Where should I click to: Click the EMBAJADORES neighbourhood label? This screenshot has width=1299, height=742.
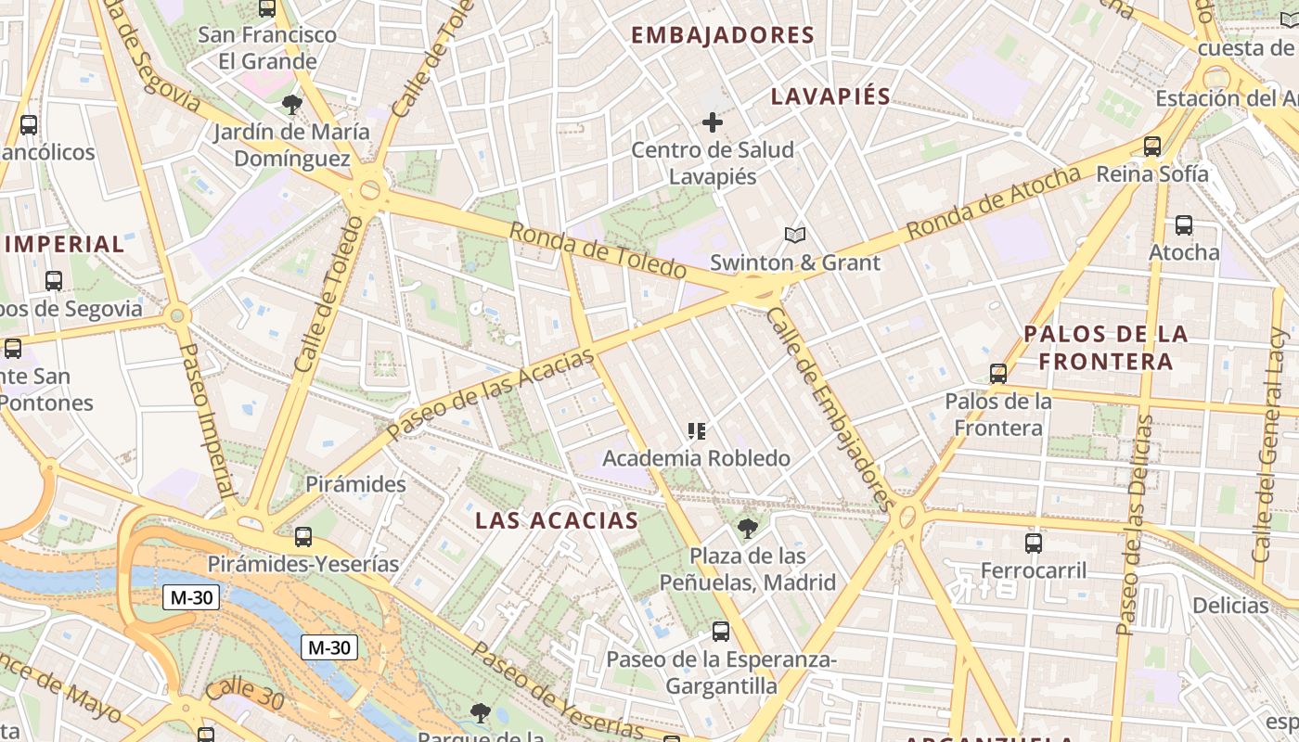pyautogui.click(x=722, y=35)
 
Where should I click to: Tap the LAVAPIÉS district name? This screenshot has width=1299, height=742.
pyautogui.click(x=830, y=96)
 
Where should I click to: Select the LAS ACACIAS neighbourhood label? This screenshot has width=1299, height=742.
pyautogui.click(x=557, y=520)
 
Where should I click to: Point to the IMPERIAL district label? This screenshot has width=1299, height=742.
pyautogui.click(x=64, y=245)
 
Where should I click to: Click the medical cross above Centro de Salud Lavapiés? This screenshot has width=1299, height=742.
pyautogui.click(x=713, y=122)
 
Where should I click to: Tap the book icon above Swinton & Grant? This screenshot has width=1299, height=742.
pyautogui.click(x=795, y=235)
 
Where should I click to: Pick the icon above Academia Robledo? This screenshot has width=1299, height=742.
pyautogui.click(x=697, y=430)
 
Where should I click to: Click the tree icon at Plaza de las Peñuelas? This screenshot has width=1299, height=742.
pyautogui.click(x=747, y=529)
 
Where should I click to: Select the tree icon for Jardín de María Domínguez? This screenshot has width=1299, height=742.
pyautogui.click(x=292, y=104)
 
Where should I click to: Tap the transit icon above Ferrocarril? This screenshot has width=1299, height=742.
pyautogui.click(x=1034, y=543)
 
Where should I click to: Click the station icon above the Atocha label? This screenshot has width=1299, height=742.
pyautogui.click(x=1184, y=224)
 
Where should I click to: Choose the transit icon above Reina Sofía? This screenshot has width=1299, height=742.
pyautogui.click(x=1152, y=146)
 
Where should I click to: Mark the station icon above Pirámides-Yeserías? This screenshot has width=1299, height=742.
pyautogui.click(x=303, y=536)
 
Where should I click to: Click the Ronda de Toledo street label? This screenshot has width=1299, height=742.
pyautogui.click(x=598, y=250)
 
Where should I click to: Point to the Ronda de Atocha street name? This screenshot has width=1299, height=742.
pyautogui.click(x=993, y=202)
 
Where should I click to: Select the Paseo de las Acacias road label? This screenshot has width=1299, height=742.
pyautogui.click(x=490, y=395)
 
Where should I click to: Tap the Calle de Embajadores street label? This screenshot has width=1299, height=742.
pyautogui.click(x=830, y=408)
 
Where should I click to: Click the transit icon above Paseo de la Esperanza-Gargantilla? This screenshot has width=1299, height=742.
pyautogui.click(x=721, y=632)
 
